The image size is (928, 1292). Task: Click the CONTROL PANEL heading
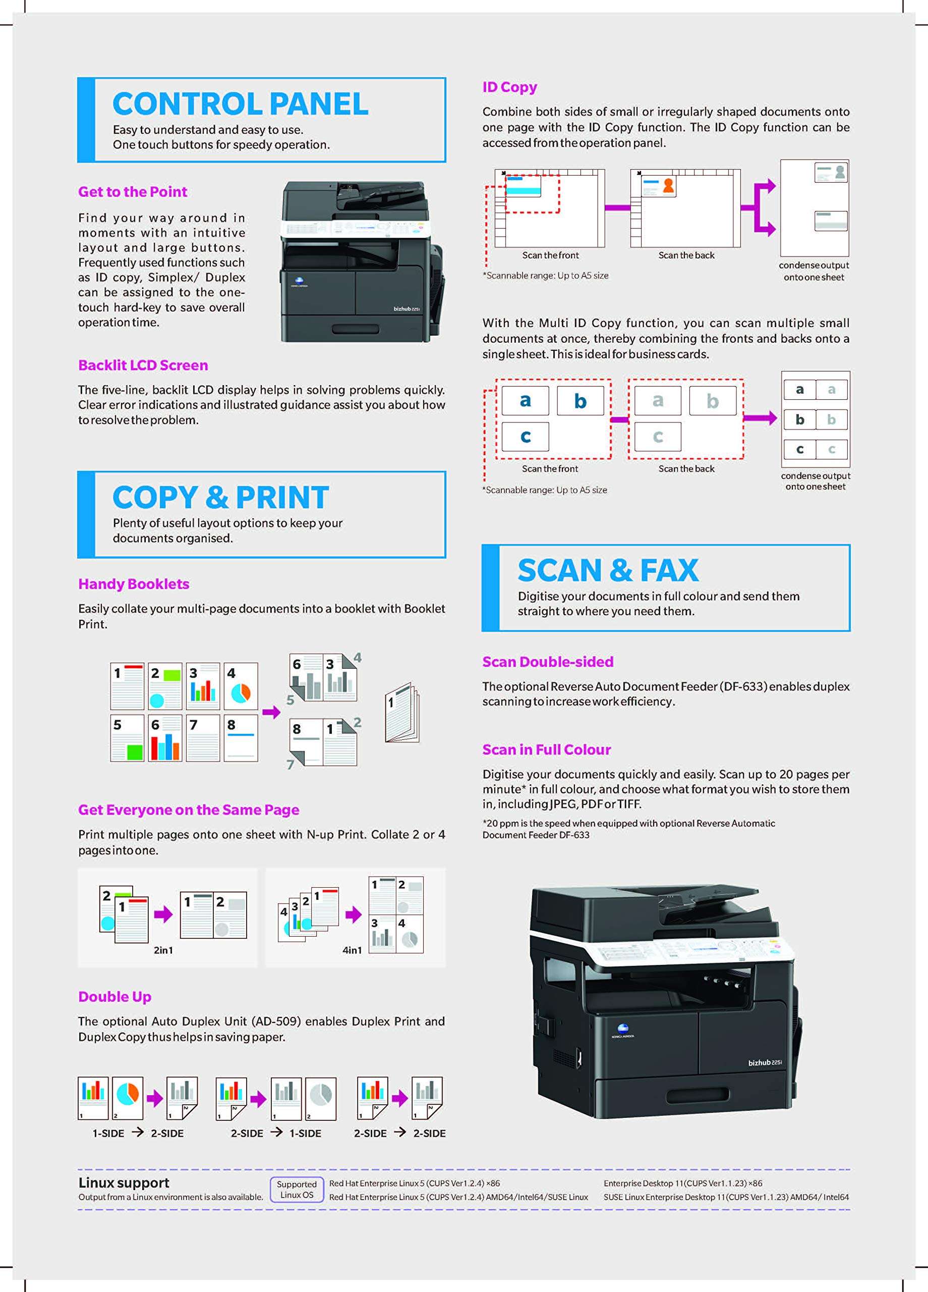(240, 104)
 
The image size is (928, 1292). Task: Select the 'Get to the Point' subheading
(133, 192)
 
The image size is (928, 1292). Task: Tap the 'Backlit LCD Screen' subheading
(143, 365)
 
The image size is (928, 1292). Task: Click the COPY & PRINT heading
(220, 497)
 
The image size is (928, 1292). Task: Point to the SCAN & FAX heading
(608, 570)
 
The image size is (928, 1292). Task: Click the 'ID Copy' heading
(509, 87)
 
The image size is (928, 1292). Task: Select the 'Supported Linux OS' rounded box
(297, 1190)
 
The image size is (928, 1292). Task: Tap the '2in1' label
(163, 950)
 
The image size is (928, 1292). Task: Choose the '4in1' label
(352, 950)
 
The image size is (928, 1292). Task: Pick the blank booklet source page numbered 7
(203, 738)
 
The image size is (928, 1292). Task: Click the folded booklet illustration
(402, 712)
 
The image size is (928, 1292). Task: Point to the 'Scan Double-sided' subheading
(548, 662)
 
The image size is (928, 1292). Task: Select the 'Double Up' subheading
(115, 997)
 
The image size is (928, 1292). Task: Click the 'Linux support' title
(124, 1182)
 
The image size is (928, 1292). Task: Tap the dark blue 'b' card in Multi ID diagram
(580, 401)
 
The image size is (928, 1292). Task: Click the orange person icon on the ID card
(668, 186)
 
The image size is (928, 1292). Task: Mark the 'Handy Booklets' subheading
(134, 584)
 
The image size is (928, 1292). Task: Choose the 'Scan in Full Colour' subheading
(547, 749)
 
